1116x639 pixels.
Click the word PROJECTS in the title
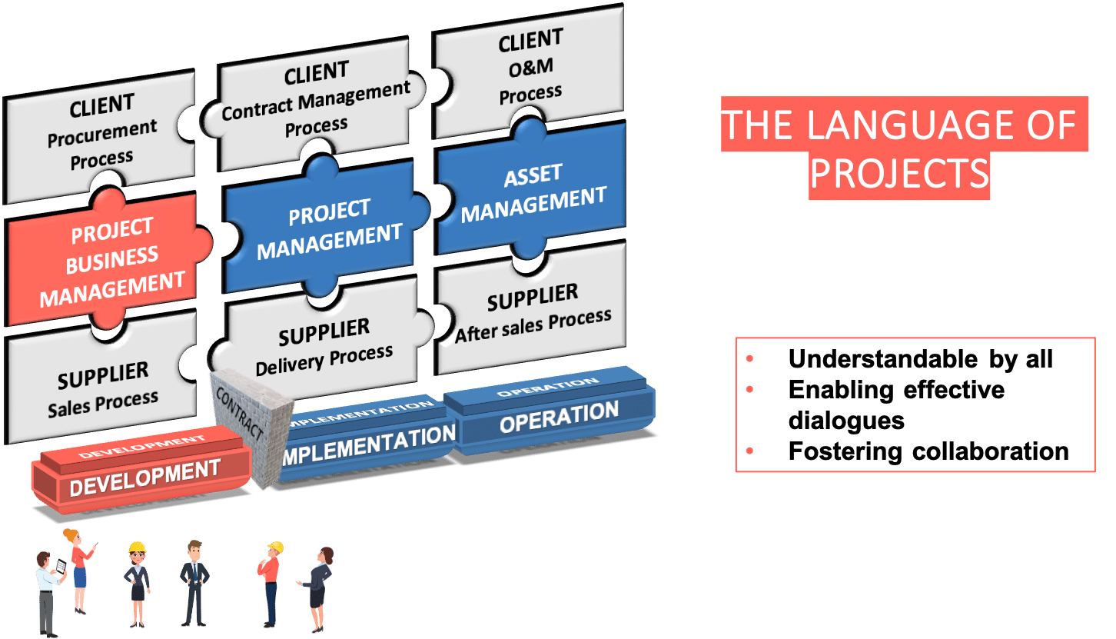pyautogui.click(x=899, y=175)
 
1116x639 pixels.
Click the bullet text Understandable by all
pyautogui.click(x=920, y=359)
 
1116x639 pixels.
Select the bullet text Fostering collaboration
pyautogui.click(x=928, y=451)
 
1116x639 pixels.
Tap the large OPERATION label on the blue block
pyautogui.click(x=559, y=418)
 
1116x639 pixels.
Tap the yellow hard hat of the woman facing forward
pyautogui.click(x=137, y=547)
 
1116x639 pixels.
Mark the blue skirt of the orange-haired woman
pyautogui.click(x=80, y=577)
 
